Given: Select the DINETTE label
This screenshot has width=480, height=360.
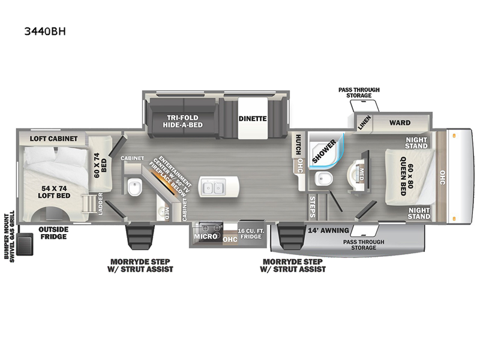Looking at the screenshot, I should tap(252, 119).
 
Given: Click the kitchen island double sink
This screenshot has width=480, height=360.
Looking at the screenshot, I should tap(212, 187).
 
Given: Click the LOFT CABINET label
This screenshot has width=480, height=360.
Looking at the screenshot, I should tap(53, 139).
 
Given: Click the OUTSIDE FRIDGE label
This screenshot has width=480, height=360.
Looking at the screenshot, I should tap(53, 233).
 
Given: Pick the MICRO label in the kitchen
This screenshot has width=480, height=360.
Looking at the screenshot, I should tap(205, 237).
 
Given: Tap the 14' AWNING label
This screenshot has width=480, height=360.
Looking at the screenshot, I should tap(325, 229).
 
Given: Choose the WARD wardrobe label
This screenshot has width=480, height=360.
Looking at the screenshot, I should tap(400, 123).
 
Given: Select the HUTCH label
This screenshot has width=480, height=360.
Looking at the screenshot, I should tap(297, 145).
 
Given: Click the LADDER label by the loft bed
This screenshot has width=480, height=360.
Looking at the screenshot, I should tap(100, 204).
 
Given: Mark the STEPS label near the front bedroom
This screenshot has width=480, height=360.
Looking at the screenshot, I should tap(312, 206).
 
